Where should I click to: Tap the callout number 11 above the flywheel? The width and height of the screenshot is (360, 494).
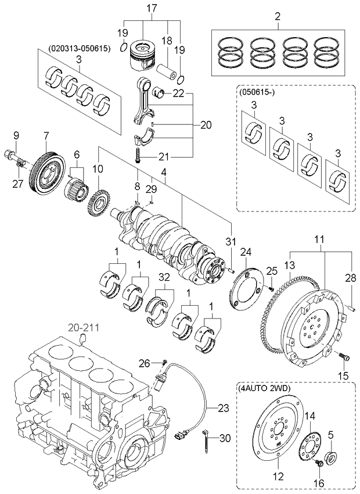[x=319, y=239]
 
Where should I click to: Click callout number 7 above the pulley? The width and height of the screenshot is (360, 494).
[x=46, y=136]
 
